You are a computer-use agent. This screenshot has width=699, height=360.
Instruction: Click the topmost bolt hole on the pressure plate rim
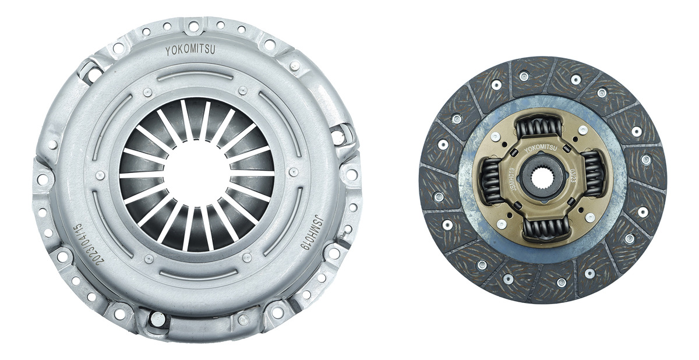click(193, 26)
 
